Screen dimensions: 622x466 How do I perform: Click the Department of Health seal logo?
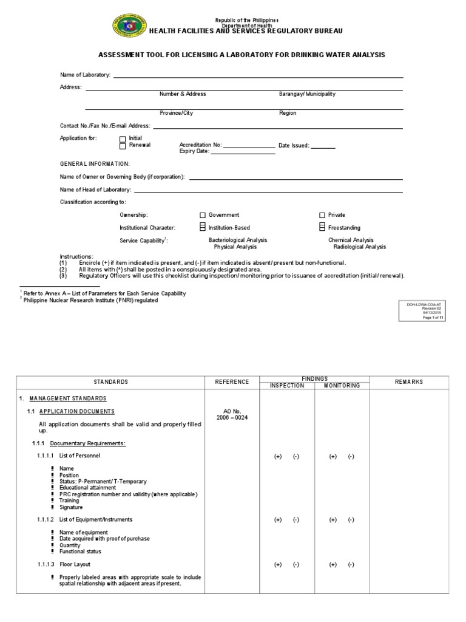pyautogui.click(x=130, y=26)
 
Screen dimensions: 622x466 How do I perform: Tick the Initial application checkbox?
pyautogui.click(x=123, y=139)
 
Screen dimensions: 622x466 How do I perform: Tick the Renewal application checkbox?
pyautogui.click(x=123, y=146)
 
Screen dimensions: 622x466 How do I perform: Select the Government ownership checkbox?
pyautogui.click(x=203, y=215)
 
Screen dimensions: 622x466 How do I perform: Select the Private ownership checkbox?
pyautogui.click(x=322, y=215)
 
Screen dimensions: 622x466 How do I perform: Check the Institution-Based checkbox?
pyautogui.click(x=203, y=227)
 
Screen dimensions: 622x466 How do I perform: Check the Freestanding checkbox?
pyautogui.click(x=322, y=227)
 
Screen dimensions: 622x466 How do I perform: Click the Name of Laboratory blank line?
pyautogui.click(x=258, y=75)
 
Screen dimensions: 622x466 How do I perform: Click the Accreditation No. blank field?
pyautogui.click(x=249, y=146)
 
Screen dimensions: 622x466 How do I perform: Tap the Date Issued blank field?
pyautogui.click(x=323, y=146)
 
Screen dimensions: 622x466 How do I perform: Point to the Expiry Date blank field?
pyautogui.click(x=243, y=152)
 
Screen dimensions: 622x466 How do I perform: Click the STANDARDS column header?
pyautogui.click(x=110, y=382)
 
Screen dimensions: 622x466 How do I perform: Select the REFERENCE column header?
pyautogui.click(x=232, y=382)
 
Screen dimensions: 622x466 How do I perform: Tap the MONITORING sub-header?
pyautogui.click(x=342, y=386)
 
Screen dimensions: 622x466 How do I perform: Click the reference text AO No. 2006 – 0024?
pyautogui.click(x=232, y=414)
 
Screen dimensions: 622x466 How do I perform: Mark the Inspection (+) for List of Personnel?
pyautogui.click(x=278, y=456)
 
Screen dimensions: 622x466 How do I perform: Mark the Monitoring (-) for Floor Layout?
pyautogui.click(x=351, y=564)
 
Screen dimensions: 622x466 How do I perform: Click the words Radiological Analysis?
pyautogui.click(x=359, y=247)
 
